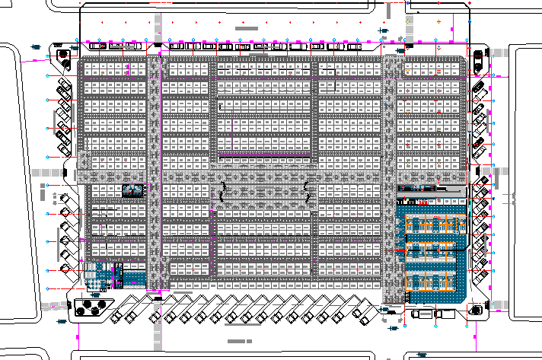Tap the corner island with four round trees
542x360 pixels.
91,305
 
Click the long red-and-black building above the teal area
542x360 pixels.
429,188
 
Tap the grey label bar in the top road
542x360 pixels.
252,28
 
